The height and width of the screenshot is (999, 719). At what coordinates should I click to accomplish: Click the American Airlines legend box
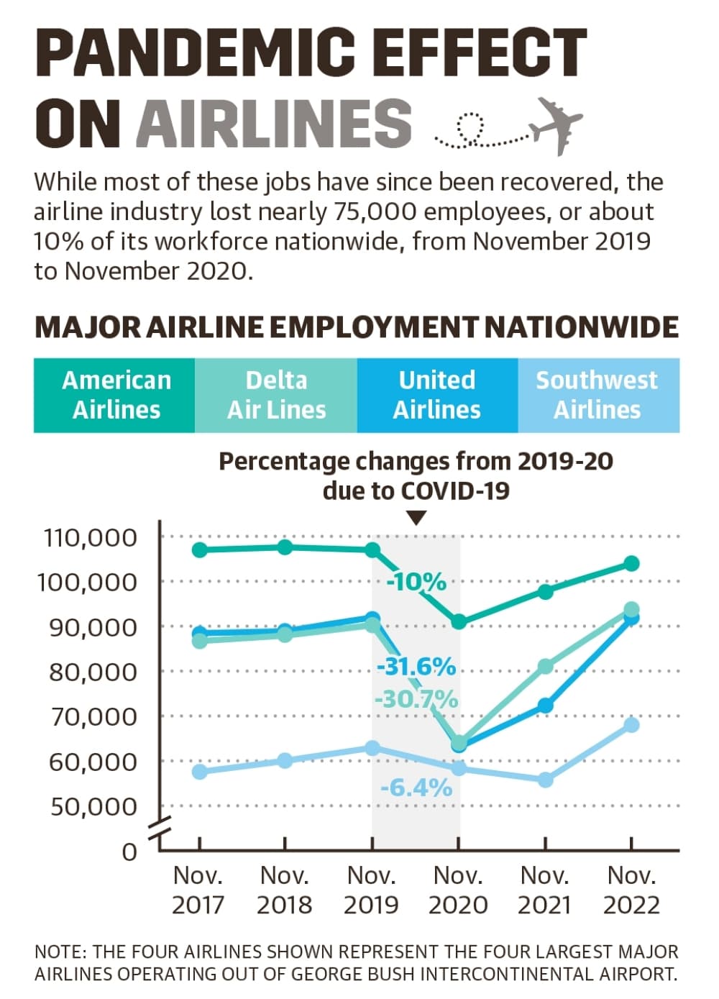click(114, 395)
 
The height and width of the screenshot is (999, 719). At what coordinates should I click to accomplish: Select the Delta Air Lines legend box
click(276, 395)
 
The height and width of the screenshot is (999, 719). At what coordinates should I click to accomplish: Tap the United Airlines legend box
click(437, 395)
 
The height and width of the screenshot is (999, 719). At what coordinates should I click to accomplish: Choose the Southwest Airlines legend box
click(599, 395)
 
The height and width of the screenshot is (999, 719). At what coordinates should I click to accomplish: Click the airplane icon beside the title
click(555, 126)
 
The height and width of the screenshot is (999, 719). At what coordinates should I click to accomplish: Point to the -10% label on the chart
click(416, 582)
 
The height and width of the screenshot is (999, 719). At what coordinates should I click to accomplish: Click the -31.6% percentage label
click(416, 667)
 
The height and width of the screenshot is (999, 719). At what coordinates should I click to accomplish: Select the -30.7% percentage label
click(416, 699)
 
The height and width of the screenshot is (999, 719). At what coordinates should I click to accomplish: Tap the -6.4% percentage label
click(416, 788)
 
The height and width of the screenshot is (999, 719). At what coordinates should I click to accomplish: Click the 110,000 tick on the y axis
click(91, 538)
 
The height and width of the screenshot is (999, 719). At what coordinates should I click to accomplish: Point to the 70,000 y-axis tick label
click(93, 717)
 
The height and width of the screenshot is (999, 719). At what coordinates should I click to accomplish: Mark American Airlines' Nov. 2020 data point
click(459, 621)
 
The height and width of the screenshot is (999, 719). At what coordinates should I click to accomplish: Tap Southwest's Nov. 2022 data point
click(631, 725)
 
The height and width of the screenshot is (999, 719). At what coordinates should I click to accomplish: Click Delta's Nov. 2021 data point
click(546, 667)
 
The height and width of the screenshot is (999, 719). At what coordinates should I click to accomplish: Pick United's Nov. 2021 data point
click(546, 705)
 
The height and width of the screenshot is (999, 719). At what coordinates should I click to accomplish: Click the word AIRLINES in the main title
click(274, 123)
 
